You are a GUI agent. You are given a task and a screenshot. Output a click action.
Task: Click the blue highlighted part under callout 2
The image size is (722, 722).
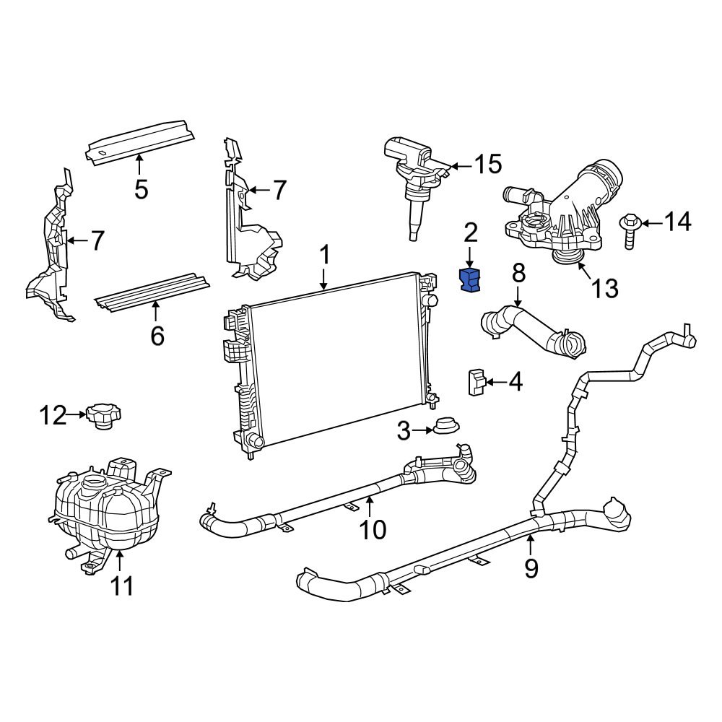click(470, 280)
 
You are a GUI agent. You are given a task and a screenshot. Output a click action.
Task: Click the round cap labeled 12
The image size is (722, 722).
click(103, 416)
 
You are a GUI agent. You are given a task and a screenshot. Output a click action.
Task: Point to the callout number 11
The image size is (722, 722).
click(121, 586)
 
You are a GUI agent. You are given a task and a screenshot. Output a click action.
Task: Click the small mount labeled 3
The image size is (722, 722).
click(444, 427)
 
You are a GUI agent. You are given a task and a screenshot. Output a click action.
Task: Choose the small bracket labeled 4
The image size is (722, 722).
click(476, 380)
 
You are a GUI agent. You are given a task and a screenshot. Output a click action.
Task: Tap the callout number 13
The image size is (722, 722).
click(605, 288)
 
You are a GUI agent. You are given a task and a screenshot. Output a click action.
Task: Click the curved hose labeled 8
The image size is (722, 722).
click(531, 330)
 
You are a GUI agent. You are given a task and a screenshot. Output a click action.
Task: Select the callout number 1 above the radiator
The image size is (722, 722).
click(325, 254)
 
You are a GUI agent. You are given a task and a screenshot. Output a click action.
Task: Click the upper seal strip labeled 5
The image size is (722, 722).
click(141, 142)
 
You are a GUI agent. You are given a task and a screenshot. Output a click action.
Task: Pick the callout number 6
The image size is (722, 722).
click(157, 335)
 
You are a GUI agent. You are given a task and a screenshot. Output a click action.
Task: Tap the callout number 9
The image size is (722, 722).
click(531, 568)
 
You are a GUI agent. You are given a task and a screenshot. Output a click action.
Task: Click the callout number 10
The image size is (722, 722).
click(373, 530)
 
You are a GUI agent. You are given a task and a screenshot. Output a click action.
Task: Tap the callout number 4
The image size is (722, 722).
click(515, 381)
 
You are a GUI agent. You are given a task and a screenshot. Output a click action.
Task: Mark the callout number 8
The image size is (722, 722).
click(518, 274)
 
